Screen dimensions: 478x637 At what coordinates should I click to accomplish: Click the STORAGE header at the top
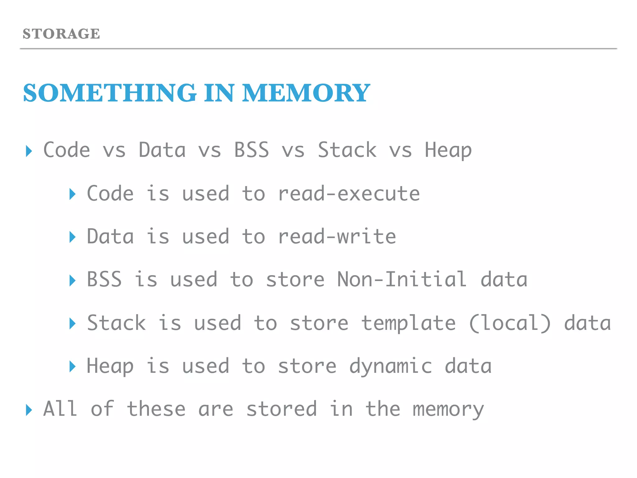pyautogui.click(x=61, y=34)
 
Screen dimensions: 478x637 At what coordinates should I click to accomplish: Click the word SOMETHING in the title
pyautogui.click(x=110, y=93)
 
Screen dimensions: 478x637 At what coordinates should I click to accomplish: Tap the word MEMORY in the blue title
pyautogui.click(x=306, y=93)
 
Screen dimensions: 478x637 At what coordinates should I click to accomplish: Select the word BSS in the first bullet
pyautogui.click(x=251, y=150)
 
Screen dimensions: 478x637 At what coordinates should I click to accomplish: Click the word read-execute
pyautogui.click(x=349, y=194)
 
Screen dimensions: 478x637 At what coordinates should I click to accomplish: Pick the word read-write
pyautogui.click(x=337, y=237)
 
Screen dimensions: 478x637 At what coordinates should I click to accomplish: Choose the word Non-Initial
pyautogui.click(x=402, y=279)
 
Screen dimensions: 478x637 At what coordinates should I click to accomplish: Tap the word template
pyautogui.click(x=408, y=323)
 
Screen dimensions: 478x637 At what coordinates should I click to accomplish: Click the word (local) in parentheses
pyautogui.click(x=509, y=323)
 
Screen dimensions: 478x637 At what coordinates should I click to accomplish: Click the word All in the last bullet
pyautogui.click(x=60, y=409)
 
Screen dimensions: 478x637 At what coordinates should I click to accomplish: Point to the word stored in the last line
pyautogui.click(x=281, y=409)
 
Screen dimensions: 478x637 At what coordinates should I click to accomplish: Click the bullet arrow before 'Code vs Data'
pyautogui.click(x=29, y=151)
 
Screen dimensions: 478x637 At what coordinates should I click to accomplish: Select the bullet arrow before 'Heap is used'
pyautogui.click(x=72, y=367)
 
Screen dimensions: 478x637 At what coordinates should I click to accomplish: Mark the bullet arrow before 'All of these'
pyautogui.click(x=29, y=410)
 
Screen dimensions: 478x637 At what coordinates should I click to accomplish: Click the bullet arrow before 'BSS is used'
pyautogui.click(x=72, y=280)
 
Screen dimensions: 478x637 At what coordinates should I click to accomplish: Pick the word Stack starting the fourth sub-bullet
pyautogui.click(x=116, y=323)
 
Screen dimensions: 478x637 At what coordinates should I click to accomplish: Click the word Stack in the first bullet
pyautogui.click(x=347, y=150)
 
